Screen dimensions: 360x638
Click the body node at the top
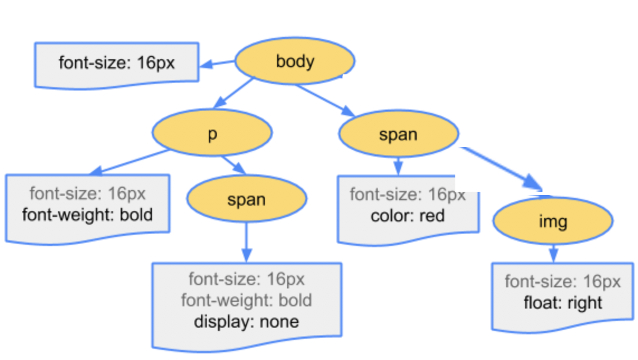[294, 61]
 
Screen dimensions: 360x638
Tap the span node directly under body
[398, 134]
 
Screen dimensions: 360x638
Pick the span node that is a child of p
[246, 200]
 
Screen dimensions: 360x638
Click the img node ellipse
[553, 221]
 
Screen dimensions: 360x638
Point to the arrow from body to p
[234, 92]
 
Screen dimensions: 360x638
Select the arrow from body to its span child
[325, 100]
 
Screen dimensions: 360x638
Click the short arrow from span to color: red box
[398, 165]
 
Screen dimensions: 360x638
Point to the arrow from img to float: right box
[553, 253]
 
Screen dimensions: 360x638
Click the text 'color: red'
[407, 215]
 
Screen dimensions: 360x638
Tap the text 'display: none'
[246, 321]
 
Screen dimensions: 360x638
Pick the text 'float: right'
[563, 303]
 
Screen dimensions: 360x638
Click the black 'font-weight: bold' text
[87, 214]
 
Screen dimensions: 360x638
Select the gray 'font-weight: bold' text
[246, 300]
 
